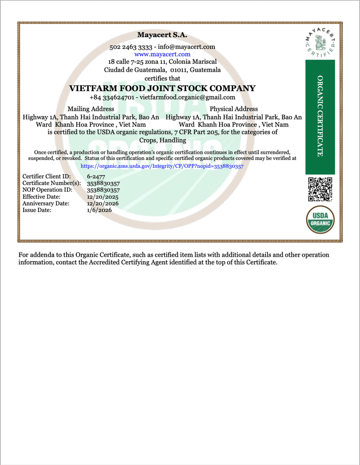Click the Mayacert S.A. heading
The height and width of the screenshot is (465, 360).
pyautogui.click(x=162, y=35)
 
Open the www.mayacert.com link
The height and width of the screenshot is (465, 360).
pyautogui.click(x=162, y=54)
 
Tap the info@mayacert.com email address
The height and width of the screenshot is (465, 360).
pyautogui.click(x=186, y=46)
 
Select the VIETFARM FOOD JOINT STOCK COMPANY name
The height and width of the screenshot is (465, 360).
pyautogui.click(x=162, y=88)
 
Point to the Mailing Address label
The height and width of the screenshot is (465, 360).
pyautogui.click(x=91, y=109)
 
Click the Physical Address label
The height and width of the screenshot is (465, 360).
pyautogui.click(x=234, y=109)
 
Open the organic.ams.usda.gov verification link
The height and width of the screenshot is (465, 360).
pyautogui.click(x=162, y=166)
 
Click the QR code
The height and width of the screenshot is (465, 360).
pyautogui.click(x=320, y=189)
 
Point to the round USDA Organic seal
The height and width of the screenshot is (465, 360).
pyautogui.click(x=320, y=220)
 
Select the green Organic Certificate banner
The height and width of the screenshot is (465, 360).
pyautogui.click(x=320, y=116)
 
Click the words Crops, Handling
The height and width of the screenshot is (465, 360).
pyautogui.click(x=162, y=140)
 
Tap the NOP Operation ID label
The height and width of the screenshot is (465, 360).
pyautogui.click(x=47, y=190)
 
